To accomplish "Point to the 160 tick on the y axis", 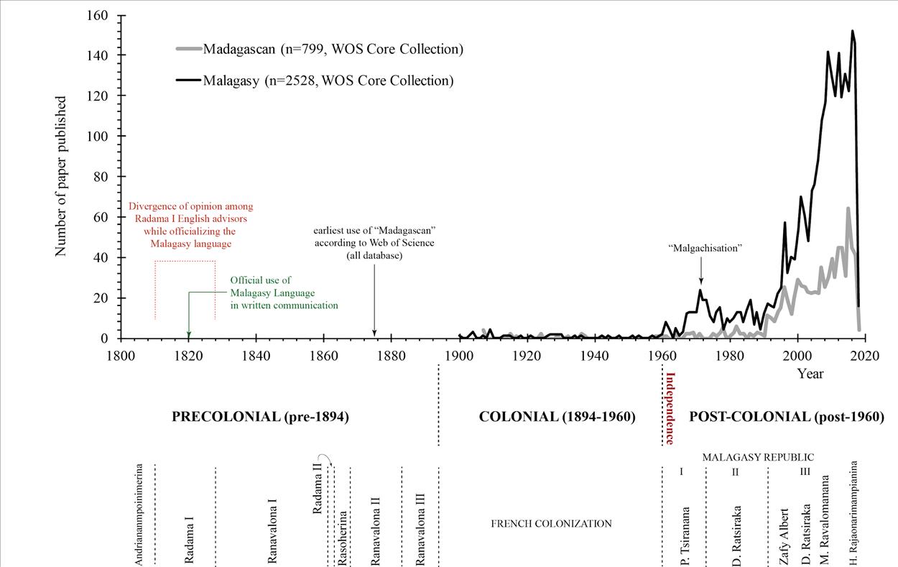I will pos(98,15).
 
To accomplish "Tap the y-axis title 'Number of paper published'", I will pos(61,177).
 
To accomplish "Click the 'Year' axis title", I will pos(810,373).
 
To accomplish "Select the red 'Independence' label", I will pos(670,408).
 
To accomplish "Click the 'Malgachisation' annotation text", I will pos(704,248).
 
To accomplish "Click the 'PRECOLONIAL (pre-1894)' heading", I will pos(260,417).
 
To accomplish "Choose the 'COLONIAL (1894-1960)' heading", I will pos(557,417).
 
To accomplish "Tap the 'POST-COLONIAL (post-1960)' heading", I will pos(787,417).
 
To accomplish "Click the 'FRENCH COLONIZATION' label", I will pos(551,524).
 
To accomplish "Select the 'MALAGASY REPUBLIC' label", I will pos(758,457).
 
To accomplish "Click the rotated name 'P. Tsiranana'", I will pos(685,536).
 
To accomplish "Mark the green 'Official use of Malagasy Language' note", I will pos(283,292).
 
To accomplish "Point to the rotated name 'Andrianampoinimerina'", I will pos(139,514).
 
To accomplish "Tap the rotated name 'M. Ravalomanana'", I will pos(825,519).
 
